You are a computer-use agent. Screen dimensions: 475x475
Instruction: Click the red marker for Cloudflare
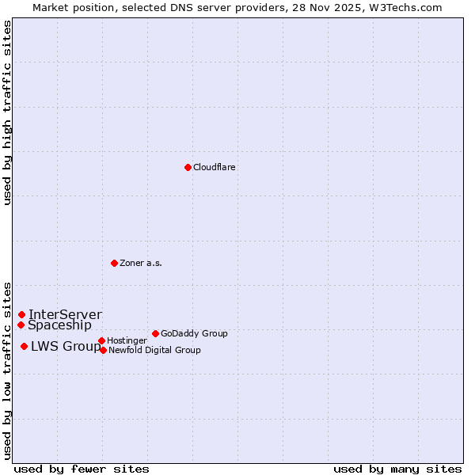188,167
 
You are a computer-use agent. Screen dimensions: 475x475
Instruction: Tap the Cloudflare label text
215,168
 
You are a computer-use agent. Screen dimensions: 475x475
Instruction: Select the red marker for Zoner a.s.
114,263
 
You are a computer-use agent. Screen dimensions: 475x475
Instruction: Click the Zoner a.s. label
141,264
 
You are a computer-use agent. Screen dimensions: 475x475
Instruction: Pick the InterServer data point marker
21,314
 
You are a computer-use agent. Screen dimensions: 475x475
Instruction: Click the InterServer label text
65,315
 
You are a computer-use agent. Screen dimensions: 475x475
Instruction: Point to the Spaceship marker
21,325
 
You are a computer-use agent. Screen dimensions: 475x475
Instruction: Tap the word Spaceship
59,325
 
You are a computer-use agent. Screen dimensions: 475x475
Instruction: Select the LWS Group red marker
24,346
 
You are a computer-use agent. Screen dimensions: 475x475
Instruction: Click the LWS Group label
66,346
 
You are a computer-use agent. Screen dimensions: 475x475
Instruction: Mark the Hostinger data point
101,340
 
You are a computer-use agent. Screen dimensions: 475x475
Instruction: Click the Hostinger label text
127,341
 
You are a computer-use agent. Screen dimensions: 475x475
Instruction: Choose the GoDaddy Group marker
155,333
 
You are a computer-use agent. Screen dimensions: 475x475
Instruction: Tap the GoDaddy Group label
194,334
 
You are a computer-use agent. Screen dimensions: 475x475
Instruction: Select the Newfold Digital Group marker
103,350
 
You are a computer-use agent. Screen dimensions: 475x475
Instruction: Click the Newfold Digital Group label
154,351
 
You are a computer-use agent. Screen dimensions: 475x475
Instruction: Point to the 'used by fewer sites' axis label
82,469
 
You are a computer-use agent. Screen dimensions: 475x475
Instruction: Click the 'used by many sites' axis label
397,469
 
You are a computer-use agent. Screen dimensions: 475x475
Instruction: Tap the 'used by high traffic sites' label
7,112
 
